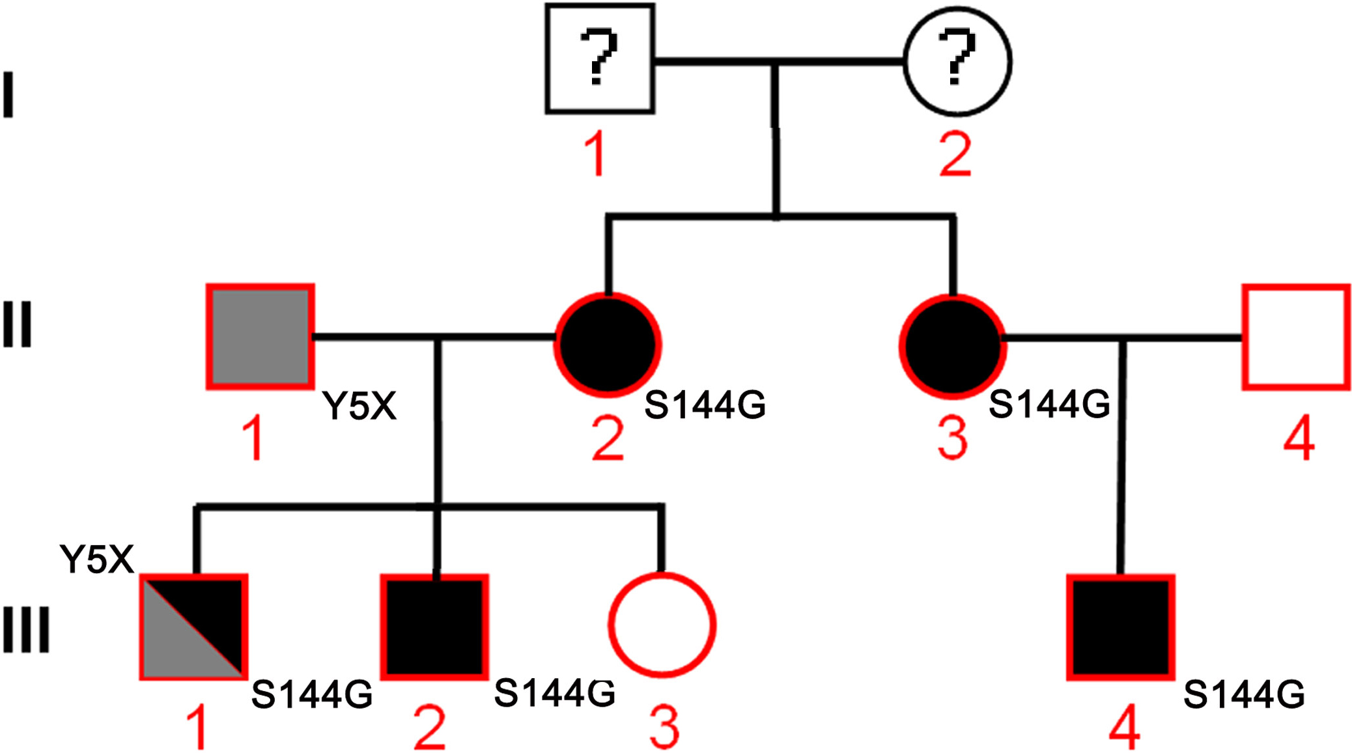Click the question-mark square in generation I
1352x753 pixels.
coord(599,59)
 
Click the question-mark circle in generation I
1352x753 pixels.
coord(957,61)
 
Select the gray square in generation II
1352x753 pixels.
coord(260,337)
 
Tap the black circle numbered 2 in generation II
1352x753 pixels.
coord(608,345)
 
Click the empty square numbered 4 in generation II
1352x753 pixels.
coord(1296,337)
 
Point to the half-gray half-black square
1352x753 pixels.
coord(193,627)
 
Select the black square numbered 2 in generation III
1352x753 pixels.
coord(434,627)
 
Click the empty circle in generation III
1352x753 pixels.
coord(662,625)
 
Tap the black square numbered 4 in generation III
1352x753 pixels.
coord(1120,627)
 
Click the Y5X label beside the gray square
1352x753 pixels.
coord(359,406)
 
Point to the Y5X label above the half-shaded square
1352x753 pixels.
coord(96,559)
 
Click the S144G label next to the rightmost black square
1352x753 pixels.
coord(1244,694)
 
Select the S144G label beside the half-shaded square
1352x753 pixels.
coord(311,694)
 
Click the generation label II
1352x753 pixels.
coord(17,324)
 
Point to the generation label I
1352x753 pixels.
coord(8,95)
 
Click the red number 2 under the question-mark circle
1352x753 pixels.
coord(955,155)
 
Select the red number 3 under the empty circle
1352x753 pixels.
coord(664,727)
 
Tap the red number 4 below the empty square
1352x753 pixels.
coord(1299,439)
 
